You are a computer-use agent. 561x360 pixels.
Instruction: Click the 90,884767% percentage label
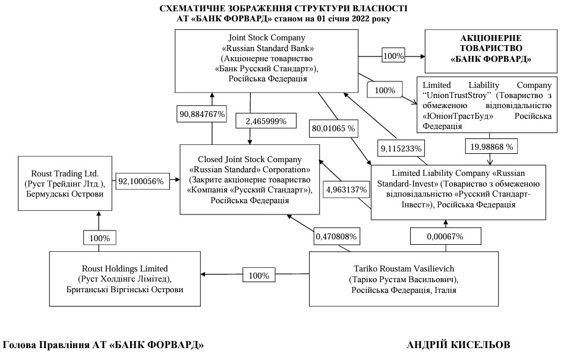coord(201,114)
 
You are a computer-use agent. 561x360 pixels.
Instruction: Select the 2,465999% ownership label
coord(261,121)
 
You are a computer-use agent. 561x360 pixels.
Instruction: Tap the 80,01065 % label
coord(333,128)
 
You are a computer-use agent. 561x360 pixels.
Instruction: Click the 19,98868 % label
coord(490,146)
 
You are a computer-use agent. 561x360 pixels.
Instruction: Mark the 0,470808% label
coord(336,236)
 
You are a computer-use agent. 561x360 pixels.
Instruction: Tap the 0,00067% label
coord(445,236)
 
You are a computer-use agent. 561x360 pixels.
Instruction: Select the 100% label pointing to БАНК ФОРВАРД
coord(393,56)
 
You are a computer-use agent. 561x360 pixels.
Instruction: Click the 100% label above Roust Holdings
coord(99,238)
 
